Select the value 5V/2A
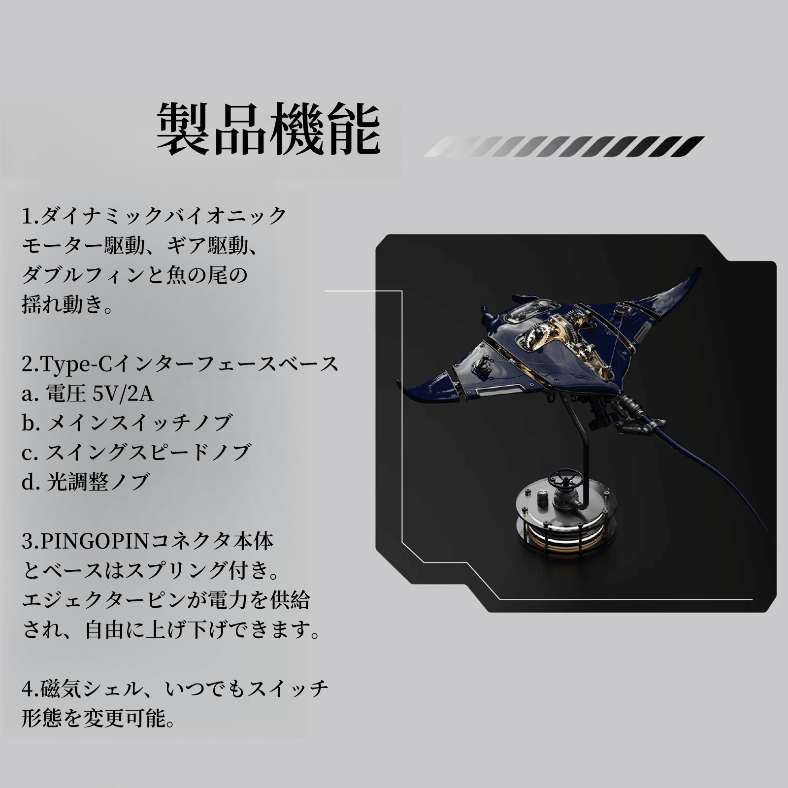pyautogui.click(x=123, y=394)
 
